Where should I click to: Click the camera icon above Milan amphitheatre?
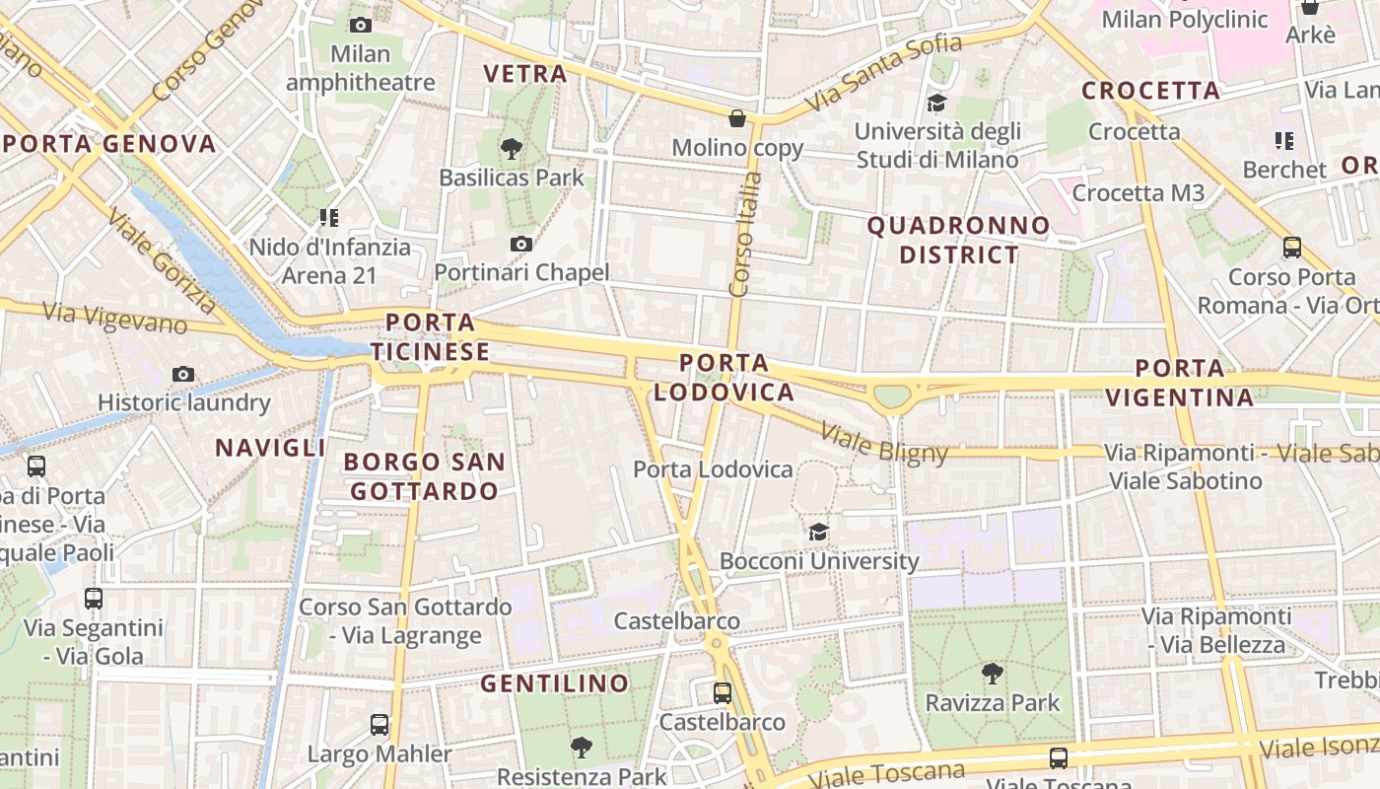click(x=361, y=25)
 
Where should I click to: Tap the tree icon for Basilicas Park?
click(x=511, y=149)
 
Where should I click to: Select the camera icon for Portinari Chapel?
click(x=521, y=244)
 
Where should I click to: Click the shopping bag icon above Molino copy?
click(x=736, y=119)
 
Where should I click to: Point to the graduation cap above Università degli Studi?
click(x=936, y=103)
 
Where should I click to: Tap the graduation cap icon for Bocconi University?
click(x=818, y=533)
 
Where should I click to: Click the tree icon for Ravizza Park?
click(x=992, y=675)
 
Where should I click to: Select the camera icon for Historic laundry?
click(x=183, y=374)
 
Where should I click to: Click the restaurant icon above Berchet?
click(x=1283, y=141)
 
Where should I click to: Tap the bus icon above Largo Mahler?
click(x=379, y=725)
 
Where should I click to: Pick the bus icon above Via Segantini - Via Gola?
click(x=94, y=598)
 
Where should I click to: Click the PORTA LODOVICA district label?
click(x=724, y=378)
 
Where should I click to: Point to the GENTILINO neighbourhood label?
click(x=554, y=682)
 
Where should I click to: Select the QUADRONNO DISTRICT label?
click(x=958, y=240)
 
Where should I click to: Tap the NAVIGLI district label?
click(x=270, y=448)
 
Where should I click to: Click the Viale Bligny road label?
click(x=883, y=443)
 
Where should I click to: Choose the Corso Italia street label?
click(x=745, y=235)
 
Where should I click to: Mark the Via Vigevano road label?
click(x=115, y=318)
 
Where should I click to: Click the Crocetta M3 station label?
click(x=1138, y=193)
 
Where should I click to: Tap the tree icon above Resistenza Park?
click(x=582, y=748)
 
